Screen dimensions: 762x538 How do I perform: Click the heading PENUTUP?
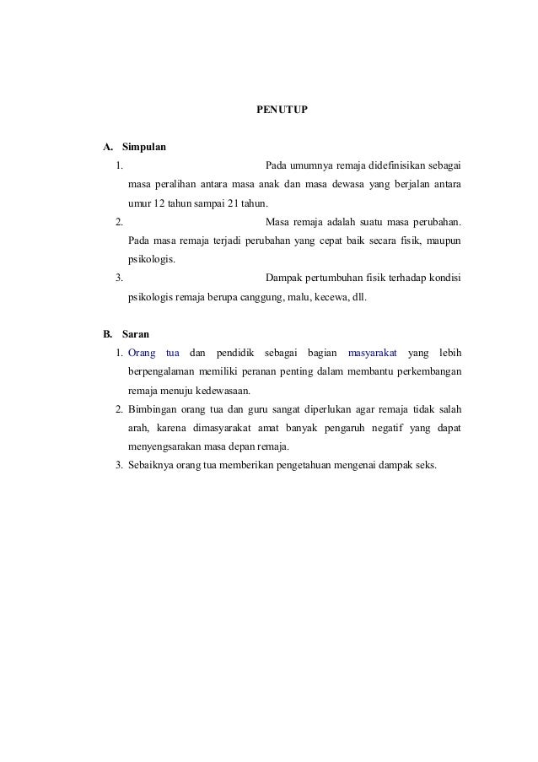pyautogui.click(x=282, y=111)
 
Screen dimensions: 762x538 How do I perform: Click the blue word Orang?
pyautogui.click(x=142, y=352)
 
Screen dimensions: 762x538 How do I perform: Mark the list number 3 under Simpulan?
pyautogui.click(x=119, y=277)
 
